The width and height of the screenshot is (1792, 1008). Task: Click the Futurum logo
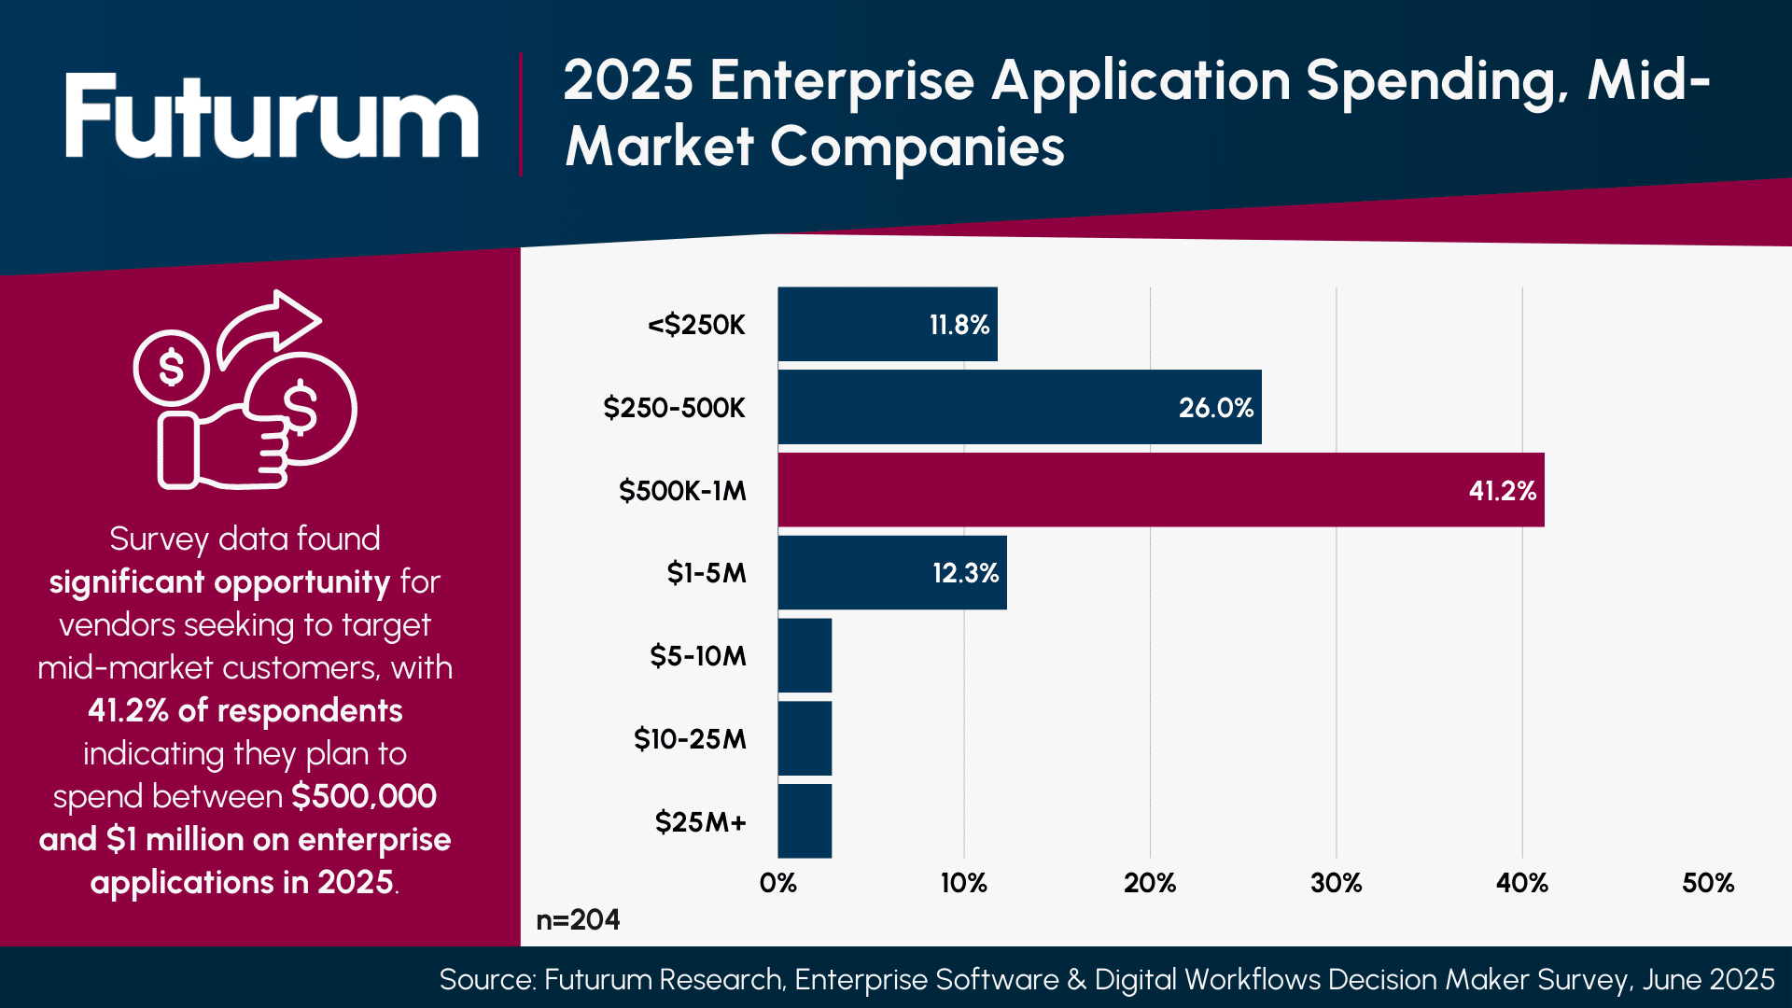pos(271,117)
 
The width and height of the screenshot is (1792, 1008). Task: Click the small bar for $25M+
pos(805,821)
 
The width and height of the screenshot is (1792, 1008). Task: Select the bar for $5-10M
pos(805,655)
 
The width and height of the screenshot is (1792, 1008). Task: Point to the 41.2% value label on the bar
pos(1502,491)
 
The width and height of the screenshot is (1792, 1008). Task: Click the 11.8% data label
pos(959,325)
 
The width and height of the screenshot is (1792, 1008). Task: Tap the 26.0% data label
pos(1215,408)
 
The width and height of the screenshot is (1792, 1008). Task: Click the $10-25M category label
pos(690,739)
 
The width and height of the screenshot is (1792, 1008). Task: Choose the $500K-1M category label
pos(682,491)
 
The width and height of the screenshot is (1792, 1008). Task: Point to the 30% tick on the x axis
pos(1336,883)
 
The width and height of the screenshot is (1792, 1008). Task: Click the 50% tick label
pos(1707,883)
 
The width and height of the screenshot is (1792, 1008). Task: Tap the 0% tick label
pos(777,883)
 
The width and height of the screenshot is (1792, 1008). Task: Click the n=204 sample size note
pos(578,919)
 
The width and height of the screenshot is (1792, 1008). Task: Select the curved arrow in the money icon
pos(271,327)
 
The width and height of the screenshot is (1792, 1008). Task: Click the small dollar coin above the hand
pos(171,367)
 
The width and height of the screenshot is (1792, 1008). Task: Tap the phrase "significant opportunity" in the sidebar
pos(219,582)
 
